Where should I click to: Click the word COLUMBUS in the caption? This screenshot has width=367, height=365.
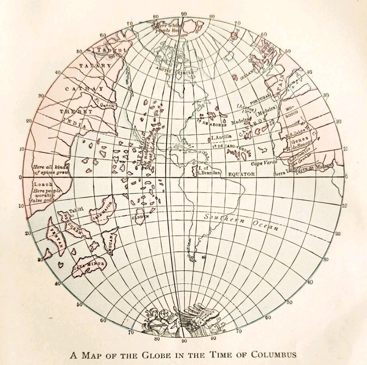[x=269, y=354]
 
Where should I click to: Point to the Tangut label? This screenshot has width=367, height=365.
[x=111, y=50]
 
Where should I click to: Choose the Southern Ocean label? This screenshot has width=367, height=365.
[x=241, y=222]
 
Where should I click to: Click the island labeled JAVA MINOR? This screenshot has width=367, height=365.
[x=89, y=265]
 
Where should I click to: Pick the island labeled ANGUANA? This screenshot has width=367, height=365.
[x=109, y=241]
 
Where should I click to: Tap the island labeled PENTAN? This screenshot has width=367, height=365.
[x=55, y=237]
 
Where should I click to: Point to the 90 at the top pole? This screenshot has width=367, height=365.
[x=183, y=14]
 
